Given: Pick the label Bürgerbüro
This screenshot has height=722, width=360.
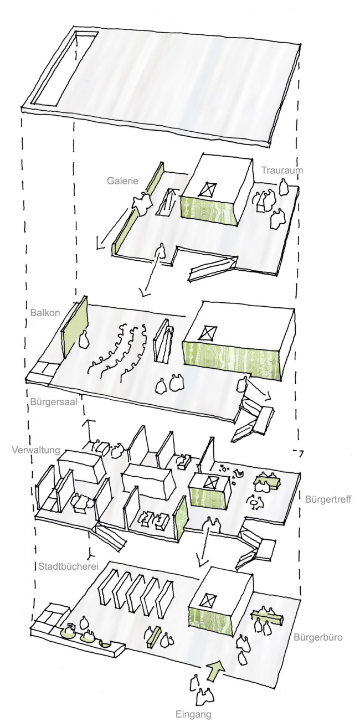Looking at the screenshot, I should click(x=318, y=637).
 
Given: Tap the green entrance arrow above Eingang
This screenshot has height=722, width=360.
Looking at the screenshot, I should click(x=215, y=669).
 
